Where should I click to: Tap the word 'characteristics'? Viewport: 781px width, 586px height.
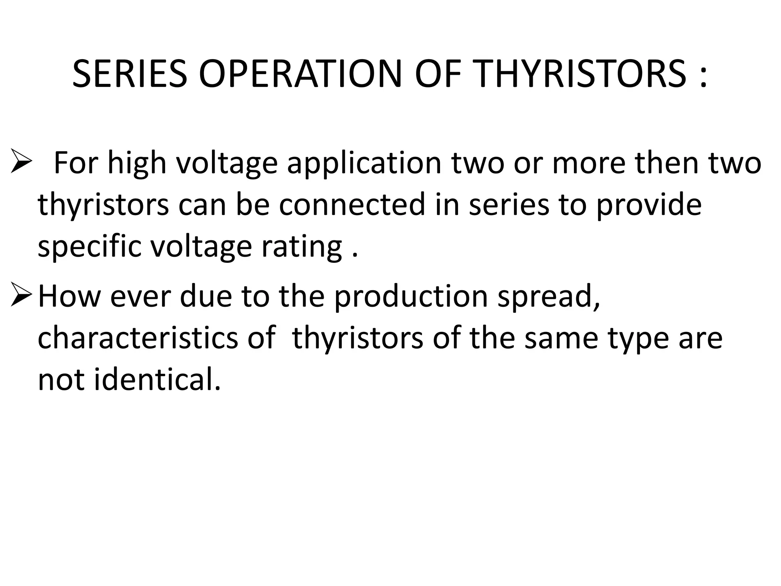[x=138, y=338]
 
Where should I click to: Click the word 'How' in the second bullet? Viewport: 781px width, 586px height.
[x=69, y=297]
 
